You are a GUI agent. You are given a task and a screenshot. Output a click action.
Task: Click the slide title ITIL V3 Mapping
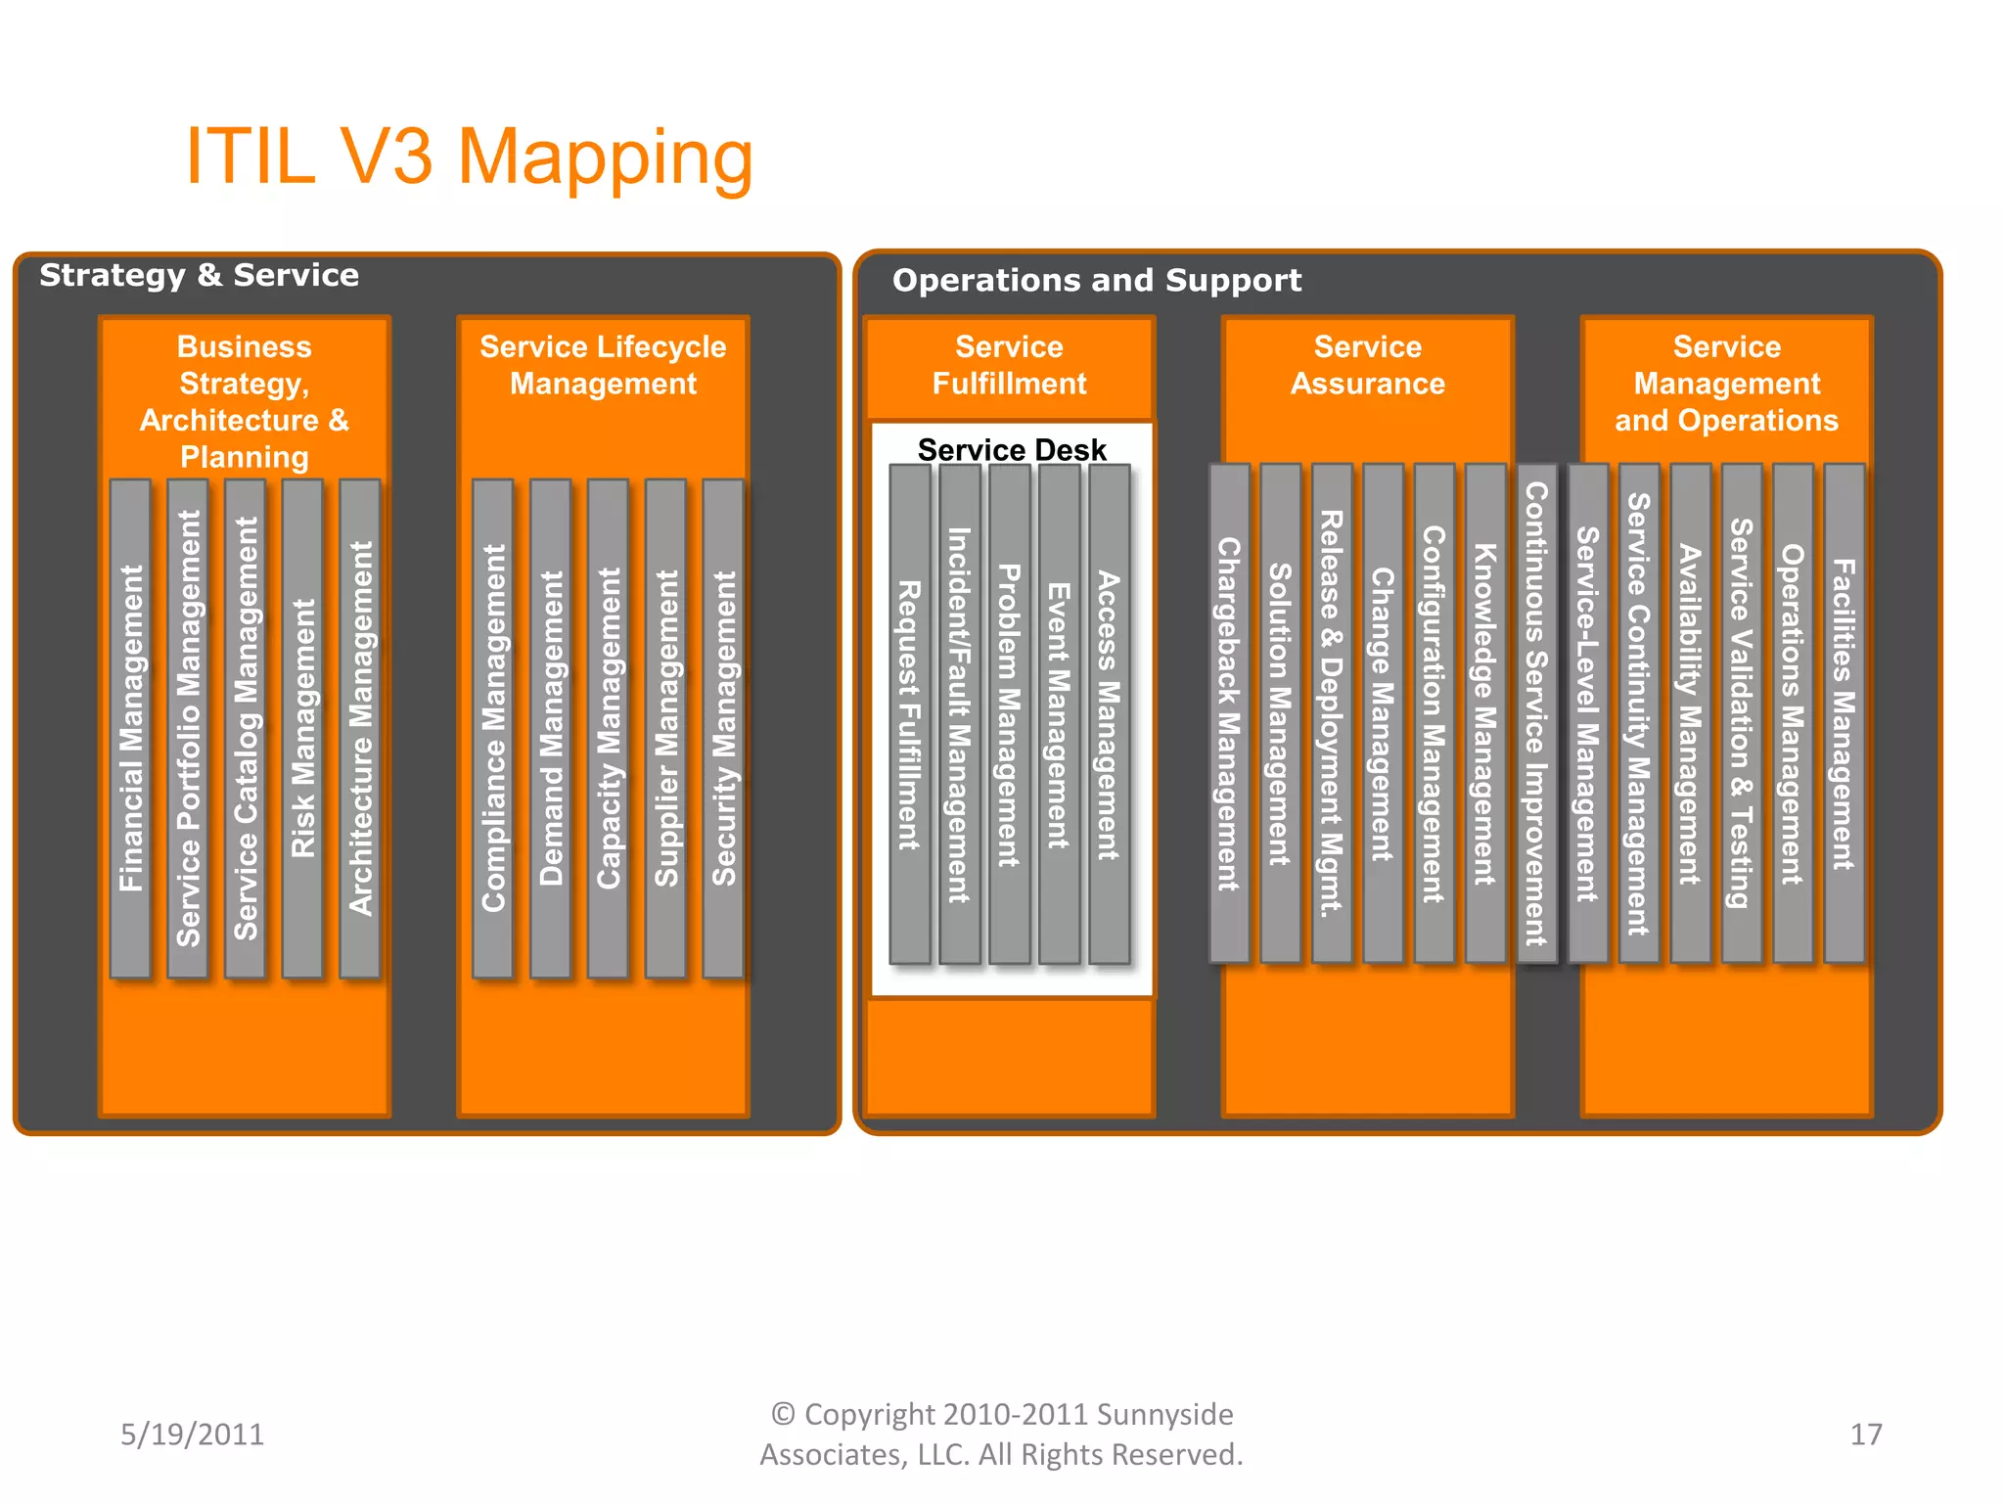(x=469, y=157)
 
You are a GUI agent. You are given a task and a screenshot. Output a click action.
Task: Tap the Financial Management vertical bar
(x=130, y=728)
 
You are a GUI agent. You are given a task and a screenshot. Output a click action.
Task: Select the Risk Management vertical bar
(x=302, y=728)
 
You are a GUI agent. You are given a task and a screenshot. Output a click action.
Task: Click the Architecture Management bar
(x=360, y=728)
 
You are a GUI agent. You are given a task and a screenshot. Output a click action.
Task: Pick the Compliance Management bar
(x=493, y=728)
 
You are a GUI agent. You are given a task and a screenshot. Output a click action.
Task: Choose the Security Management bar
(x=723, y=728)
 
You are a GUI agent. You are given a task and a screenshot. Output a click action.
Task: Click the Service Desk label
(x=1011, y=449)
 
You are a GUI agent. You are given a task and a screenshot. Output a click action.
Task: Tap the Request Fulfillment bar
(x=909, y=714)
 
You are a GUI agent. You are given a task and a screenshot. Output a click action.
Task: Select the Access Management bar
(x=1109, y=714)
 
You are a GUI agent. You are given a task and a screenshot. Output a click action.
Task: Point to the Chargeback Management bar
(x=1229, y=714)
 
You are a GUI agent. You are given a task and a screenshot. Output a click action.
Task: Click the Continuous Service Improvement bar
(x=1536, y=714)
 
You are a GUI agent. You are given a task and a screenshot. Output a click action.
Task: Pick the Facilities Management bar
(x=1844, y=714)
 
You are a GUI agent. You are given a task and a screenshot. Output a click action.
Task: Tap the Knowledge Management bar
(x=1485, y=714)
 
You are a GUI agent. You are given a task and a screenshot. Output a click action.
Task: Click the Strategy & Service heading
(x=199, y=276)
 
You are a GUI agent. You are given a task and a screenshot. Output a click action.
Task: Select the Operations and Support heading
(x=1096, y=281)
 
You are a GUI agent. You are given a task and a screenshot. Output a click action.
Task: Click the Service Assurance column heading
(x=1367, y=365)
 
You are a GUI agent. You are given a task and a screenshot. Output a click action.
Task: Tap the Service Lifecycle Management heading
(x=603, y=365)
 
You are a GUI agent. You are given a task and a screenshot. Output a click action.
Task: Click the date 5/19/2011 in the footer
(x=192, y=1435)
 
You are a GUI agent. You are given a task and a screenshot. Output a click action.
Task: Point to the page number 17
(x=1865, y=1435)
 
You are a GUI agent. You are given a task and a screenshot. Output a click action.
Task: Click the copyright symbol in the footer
(x=782, y=1414)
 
